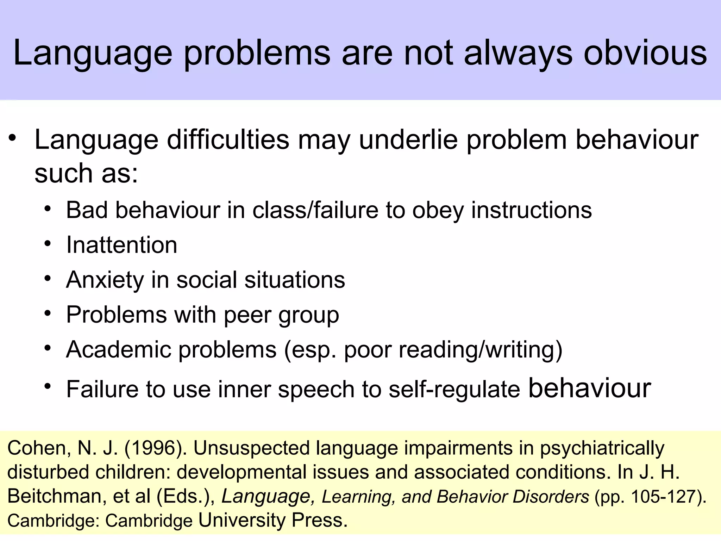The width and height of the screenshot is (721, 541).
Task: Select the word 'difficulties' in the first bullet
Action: pyautogui.click(x=228, y=140)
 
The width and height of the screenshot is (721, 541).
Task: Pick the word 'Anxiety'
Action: pyautogui.click(x=105, y=280)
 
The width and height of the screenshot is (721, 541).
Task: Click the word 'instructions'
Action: pyautogui.click(x=532, y=211)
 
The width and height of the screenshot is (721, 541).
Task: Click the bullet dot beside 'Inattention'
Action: pyautogui.click(x=48, y=243)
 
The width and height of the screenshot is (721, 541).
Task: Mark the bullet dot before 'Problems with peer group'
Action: pyautogui.click(x=48, y=313)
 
